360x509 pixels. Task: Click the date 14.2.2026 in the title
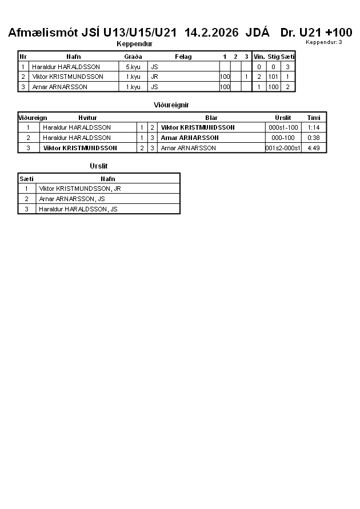click(x=211, y=33)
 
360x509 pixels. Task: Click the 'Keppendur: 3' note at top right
click(x=324, y=42)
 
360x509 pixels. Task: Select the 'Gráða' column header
click(x=133, y=57)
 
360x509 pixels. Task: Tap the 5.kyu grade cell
click(x=133, y=67)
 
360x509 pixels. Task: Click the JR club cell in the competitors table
click(x=154, y=77)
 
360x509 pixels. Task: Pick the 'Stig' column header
click(x=274, y=57)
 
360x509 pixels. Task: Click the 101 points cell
click(x=274, y=77)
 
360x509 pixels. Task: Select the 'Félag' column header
click(x=183, y=57)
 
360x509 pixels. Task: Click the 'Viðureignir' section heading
click(x=171, y=105)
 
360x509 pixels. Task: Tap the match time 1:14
click(x=313, y=127)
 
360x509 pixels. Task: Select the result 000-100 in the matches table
click(x=283, y=138)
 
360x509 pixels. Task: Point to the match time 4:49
click(x=313, y=148)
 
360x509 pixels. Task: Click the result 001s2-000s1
click(x=283, y=148)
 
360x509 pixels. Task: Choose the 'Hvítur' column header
click(x=87, y=118)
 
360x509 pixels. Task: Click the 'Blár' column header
click(x=211, y=118)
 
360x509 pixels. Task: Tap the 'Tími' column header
click(x=314, y=118)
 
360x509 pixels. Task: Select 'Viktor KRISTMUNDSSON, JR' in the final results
click(x=80, y=189)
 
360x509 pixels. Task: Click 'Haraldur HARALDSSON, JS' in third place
click(x=78, y=209)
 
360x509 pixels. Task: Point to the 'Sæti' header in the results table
click(x=26, y=179)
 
